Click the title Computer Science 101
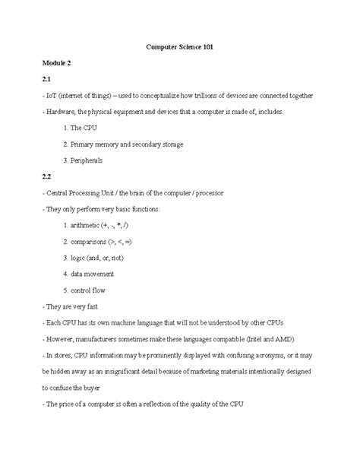pyautogui.click(x=179, y=47)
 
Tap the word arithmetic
pyautogui.click(x=90, y=226)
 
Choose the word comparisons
pyautogui.click(x=93, y=242)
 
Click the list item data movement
pyautogui.click(x=93, y=274)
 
